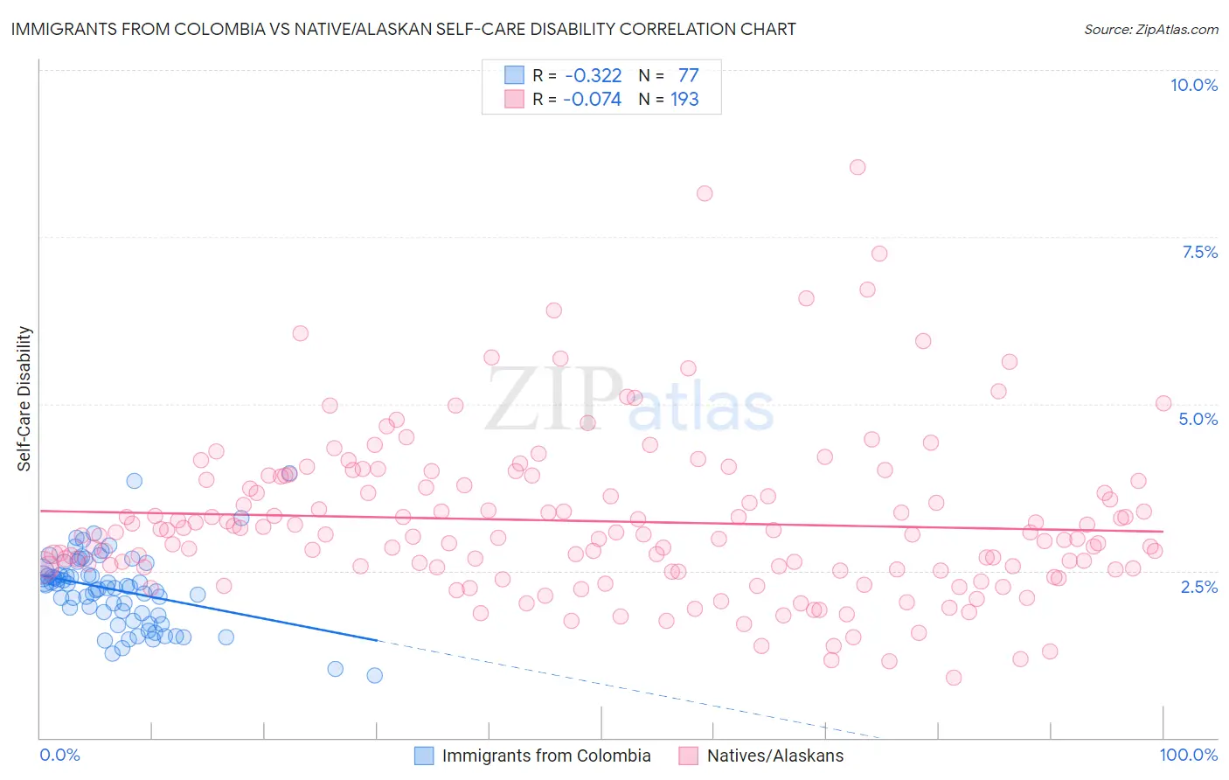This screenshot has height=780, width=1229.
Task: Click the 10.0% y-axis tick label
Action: [1193, 85]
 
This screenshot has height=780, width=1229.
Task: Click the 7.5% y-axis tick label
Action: [1199, 252]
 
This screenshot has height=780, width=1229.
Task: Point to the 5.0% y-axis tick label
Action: [1198, 419]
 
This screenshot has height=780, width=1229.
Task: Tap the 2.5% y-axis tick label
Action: [1199, 587]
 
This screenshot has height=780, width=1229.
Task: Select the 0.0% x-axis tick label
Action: [59, 755]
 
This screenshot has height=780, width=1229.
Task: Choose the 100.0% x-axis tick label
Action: [1188, 755]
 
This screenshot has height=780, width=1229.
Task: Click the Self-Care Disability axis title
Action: [24, 399]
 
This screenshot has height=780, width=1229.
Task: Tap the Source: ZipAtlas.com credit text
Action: [1150, 29]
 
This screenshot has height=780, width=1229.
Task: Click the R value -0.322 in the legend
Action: [594, 76]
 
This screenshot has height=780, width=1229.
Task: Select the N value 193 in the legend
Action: [684, 100]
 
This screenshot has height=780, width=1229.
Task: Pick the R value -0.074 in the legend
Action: [592, 100]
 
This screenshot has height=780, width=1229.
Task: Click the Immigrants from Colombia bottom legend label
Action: [546, 756]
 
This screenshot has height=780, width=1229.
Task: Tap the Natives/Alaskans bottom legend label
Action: [774, 756]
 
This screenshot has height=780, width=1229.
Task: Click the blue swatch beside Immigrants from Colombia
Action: [424, 756]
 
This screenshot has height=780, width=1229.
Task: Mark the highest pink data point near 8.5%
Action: [858, 167]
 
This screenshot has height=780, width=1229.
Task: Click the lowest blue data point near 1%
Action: [374, 675]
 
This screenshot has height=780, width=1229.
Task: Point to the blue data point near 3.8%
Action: [134, 481]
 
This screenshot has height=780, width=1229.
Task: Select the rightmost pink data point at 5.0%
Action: [1163, 403]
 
